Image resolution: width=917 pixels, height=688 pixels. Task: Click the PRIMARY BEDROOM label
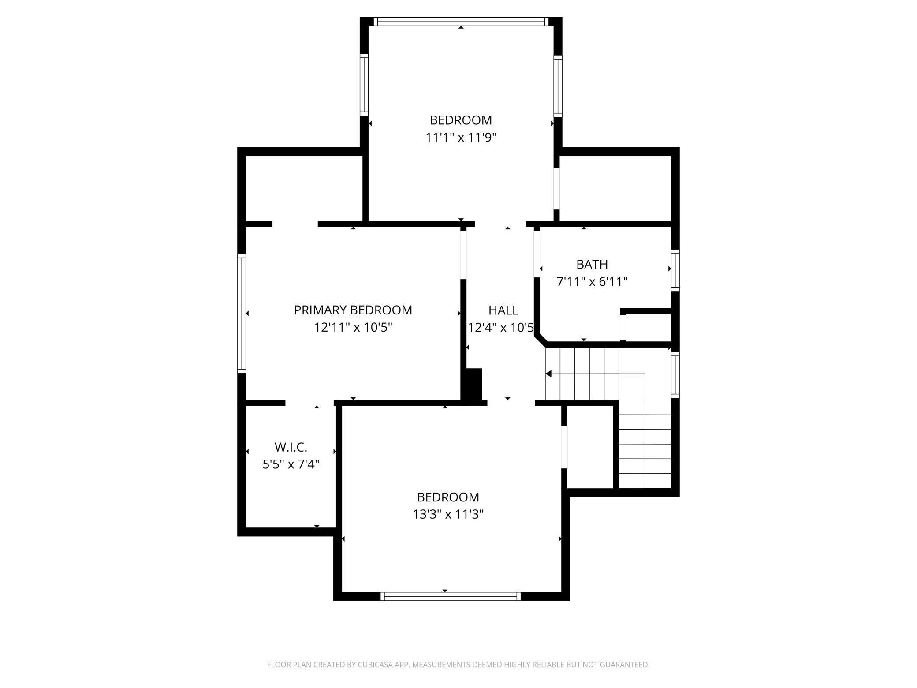[x=353, y=310]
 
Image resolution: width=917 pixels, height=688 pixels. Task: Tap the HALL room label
[x=503, y=310]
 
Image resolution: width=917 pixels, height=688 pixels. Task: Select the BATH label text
[x=592, y=264]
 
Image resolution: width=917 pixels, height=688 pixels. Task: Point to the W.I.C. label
[x=291, y=447]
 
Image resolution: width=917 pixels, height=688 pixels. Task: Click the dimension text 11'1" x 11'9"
[x=461, y=138]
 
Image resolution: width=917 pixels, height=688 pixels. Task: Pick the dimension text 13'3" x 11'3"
[x=448, y=514]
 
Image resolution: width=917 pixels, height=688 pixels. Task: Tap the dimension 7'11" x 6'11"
[x=592, y=281]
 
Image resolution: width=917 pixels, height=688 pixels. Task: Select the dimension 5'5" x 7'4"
[x=291, y=464]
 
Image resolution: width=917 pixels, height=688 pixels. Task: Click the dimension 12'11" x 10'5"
[x=353, y=327]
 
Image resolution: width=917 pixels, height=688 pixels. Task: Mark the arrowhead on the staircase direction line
[x=548, y=374]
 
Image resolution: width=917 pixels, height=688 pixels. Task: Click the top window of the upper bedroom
[x=461, y=22]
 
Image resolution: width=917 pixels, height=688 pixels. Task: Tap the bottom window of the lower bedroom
[x=451, y=596]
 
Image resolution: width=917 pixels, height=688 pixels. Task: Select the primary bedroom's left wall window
[x=242, y=313]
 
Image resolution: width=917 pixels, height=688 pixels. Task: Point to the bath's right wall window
[x=675, y=270]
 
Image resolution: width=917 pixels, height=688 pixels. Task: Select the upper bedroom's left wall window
[x=364, y=85]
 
